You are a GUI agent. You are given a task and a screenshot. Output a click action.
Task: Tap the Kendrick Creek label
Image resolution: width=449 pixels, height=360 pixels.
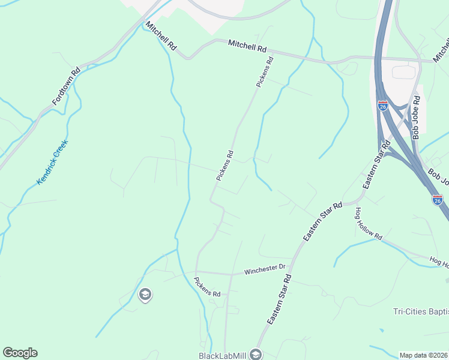tap(53, 162)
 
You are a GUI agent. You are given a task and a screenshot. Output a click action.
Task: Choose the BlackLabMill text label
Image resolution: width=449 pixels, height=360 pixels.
tap(223, 355)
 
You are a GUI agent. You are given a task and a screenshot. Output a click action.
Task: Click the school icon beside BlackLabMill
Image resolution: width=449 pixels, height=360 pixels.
tap(256, 355)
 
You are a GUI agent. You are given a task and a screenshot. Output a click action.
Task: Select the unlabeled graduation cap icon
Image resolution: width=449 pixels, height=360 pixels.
tap(144, 295)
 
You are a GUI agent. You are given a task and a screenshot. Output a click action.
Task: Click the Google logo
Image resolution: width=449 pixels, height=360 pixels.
tap(20, 353)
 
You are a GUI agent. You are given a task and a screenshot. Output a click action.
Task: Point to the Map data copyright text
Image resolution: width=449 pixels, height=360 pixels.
tap(424, 355)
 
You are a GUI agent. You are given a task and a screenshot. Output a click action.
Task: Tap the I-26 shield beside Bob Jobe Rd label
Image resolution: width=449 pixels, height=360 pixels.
tap(382, 106)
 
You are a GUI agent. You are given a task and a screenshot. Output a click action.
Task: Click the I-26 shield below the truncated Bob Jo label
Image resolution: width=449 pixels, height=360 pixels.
tap(438, 199)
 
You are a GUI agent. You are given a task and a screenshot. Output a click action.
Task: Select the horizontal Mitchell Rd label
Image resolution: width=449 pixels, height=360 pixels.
tap(247, 46)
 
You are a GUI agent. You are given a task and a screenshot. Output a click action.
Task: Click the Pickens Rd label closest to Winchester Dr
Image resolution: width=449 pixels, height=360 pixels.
tap(208, 286)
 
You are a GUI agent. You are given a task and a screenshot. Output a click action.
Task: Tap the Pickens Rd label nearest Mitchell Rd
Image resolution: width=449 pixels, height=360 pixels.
tap(265, 73)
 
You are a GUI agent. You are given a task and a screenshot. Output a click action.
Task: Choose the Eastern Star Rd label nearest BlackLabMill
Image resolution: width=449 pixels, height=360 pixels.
tap(279, 300)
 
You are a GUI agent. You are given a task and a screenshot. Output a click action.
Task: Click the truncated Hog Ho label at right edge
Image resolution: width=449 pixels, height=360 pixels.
tap(438, 262)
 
